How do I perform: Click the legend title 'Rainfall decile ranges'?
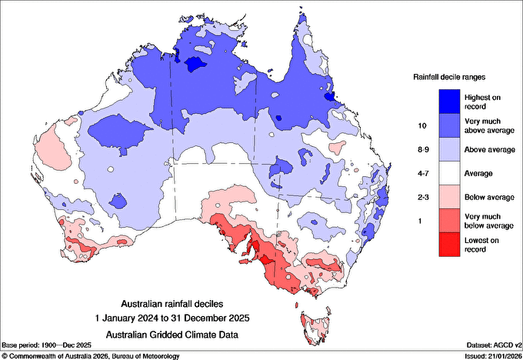point(449,77)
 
